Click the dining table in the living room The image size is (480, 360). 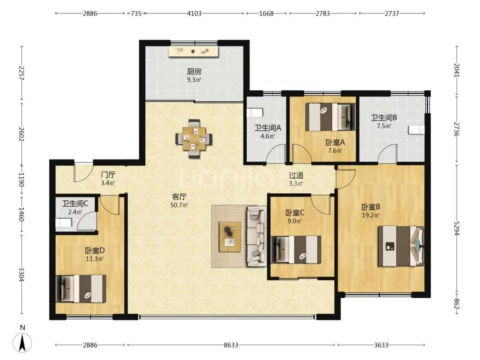click(194, 139)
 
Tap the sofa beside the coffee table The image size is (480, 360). click(257, 236)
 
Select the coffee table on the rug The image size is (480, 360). click(230, 236)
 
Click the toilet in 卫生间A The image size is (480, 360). click(255, 112)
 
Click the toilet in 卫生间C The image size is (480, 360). click(64, 223)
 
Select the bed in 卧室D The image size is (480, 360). click(81, 288)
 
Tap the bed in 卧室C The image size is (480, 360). click(296, 249)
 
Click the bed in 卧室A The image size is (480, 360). click(331, 117)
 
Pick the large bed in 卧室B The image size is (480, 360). click(401, 246)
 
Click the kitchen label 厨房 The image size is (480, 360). click(194, 72)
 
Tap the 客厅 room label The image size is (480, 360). click(179, 196)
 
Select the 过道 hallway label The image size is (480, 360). click(296, 176)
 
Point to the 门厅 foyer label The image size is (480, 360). click(108, 175)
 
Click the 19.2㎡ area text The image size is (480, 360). click(371, 215)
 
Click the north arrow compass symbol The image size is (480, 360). click(22, 342)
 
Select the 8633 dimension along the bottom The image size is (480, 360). click(231, 345)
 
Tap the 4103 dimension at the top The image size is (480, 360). click(194, 13)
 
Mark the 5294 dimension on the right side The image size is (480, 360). click(456, 228)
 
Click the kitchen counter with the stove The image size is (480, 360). click(193, 52)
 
